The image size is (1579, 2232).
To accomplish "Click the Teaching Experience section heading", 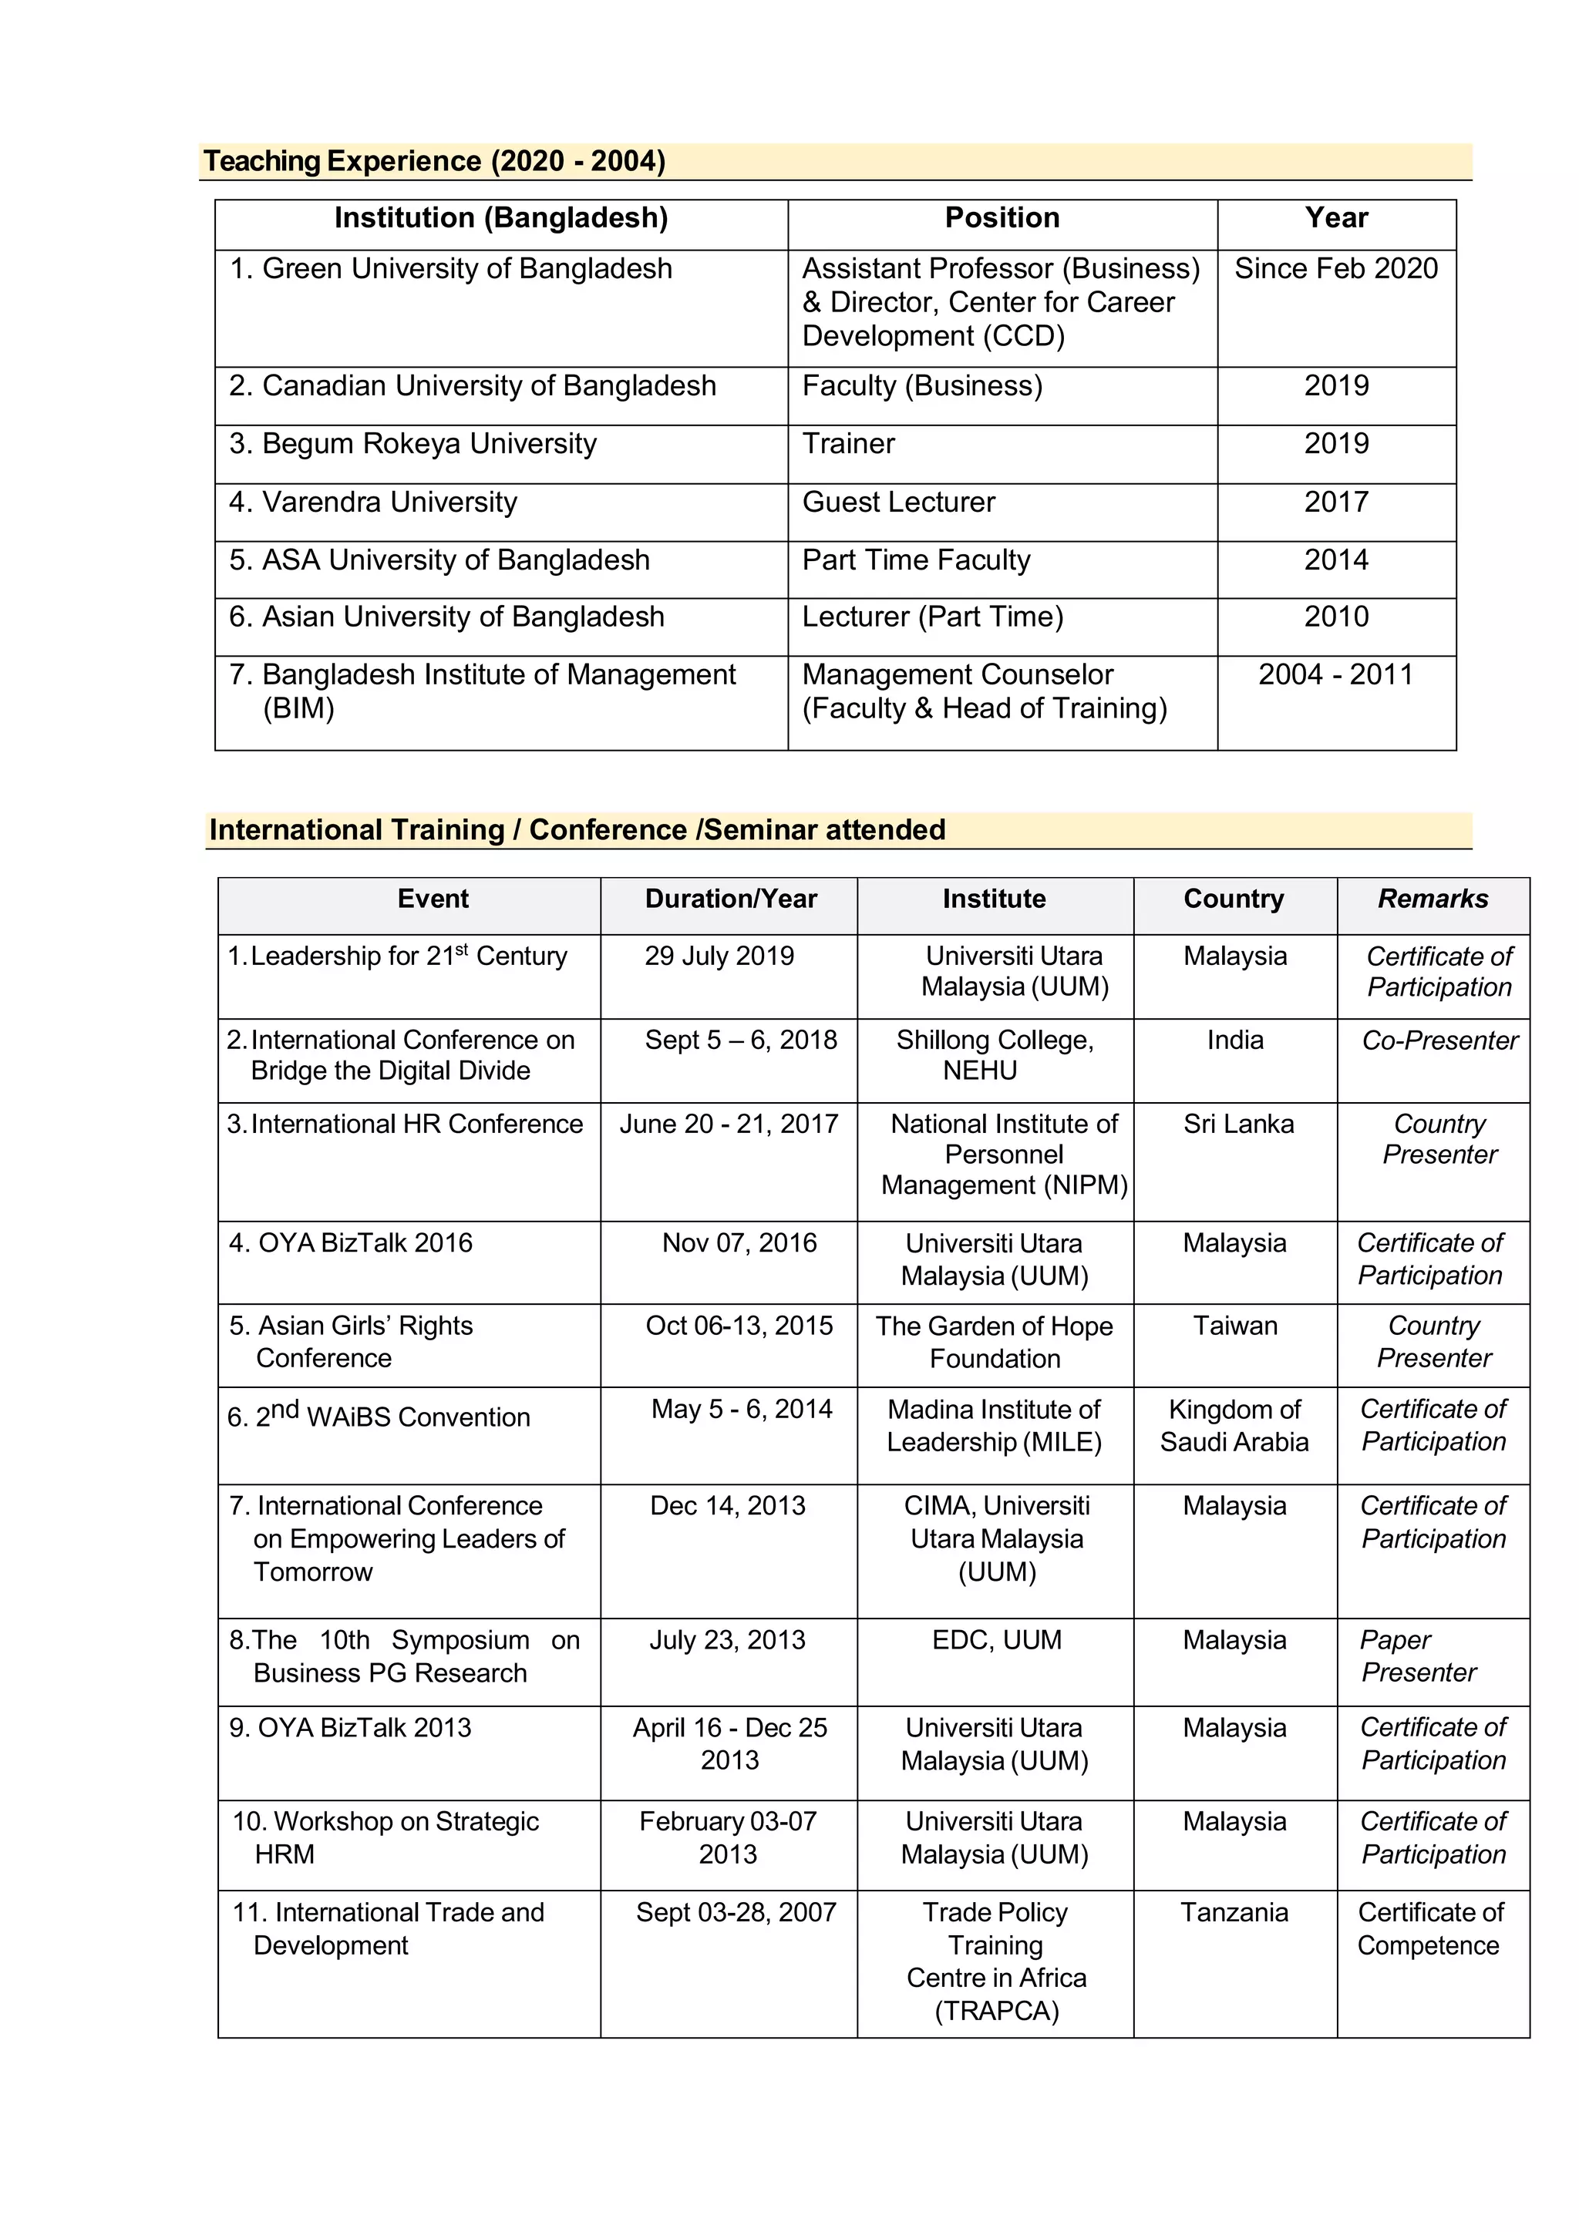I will (x=433, y=160).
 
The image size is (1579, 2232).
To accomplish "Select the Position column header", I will (x=1002, y=218).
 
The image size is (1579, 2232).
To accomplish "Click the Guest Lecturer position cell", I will (x=898, y=502).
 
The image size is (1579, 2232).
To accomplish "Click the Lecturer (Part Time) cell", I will (x=931, y=617).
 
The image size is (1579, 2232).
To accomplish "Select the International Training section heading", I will (x=577, y=829).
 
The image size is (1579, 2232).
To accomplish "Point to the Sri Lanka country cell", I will (x=1237, y=1124).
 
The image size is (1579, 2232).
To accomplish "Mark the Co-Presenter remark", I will (x=1439, y=1040).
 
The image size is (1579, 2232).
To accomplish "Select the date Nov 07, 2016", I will (x=739, y=1242).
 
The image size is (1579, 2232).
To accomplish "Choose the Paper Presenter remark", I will (x=1418, y=1656).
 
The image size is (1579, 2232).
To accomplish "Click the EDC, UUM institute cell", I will (x=997, y=1640).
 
